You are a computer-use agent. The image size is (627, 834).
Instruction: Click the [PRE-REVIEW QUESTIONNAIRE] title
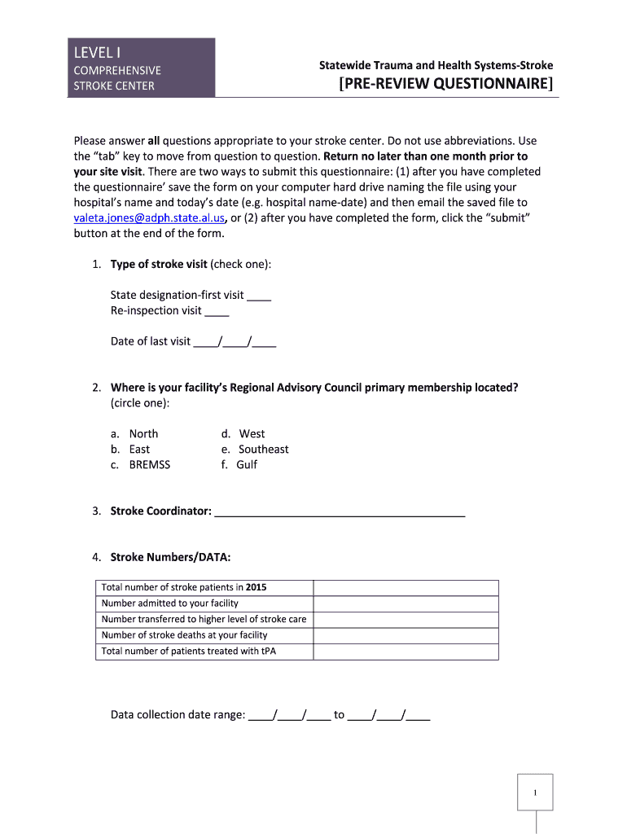tap(445, 84)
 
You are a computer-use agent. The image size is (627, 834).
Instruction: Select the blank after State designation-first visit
tap(259, 296)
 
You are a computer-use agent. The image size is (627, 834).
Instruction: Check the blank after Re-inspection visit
tap(217, 311)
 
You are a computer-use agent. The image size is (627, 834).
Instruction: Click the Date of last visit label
tap(151, 341)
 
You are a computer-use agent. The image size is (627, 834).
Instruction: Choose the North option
tap(143, 434)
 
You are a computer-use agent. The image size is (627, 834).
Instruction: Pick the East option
tap(139, 450)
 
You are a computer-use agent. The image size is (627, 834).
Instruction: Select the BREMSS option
tap(150, 465)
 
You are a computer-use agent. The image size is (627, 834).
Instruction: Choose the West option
tap(252, 434)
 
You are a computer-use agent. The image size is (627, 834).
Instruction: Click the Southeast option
tap(263, 450)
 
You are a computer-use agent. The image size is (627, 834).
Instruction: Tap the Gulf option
tap(247, 465)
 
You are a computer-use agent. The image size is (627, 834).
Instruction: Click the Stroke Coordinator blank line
tap(340, 512)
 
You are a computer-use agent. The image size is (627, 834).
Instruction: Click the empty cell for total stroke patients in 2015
tap(406, 588)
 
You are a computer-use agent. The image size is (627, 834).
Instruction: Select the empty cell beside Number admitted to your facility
tap(406, 604)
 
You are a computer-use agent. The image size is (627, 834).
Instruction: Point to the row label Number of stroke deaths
tap(184, 635)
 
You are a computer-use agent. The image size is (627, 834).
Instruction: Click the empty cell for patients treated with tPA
tap(406, 652)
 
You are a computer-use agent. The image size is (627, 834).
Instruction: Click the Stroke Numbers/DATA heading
tap(170, 558)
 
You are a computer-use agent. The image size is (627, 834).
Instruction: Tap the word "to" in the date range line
tap(339, 715)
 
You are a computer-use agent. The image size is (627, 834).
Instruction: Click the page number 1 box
tap(535, 792)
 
